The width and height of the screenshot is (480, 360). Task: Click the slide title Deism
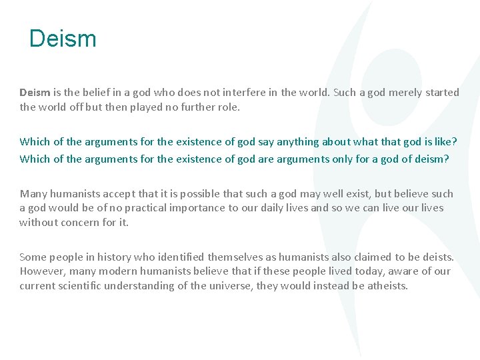click(63, 39)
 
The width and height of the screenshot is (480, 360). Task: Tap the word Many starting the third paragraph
click(33, 194)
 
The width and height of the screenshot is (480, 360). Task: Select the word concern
click(83, 222)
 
